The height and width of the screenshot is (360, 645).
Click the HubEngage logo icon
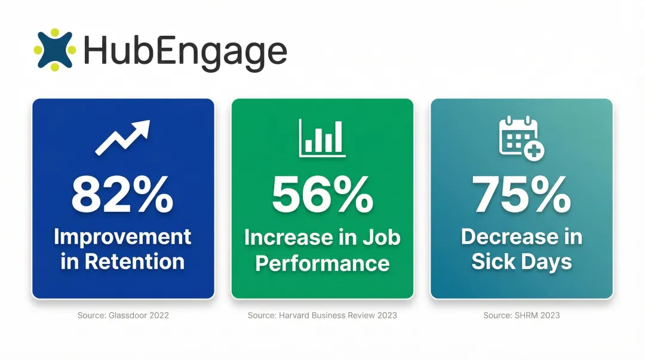[55, 50]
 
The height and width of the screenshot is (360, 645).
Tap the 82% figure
[122, 195]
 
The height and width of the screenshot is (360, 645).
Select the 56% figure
[322, 195]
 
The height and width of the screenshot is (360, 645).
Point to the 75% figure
[522, 195]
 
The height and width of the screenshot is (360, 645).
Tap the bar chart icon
[322, 139]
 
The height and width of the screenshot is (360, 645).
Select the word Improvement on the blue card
[122, 236]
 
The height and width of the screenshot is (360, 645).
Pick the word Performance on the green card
[322, 263]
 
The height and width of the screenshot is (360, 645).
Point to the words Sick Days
[522, 261]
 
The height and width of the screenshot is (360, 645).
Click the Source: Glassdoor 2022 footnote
[123, 315]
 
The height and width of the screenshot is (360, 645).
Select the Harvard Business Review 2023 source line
[322, 315]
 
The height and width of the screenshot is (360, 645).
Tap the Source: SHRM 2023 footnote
[522, 315]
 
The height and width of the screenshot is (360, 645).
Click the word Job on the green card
[383, 237]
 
